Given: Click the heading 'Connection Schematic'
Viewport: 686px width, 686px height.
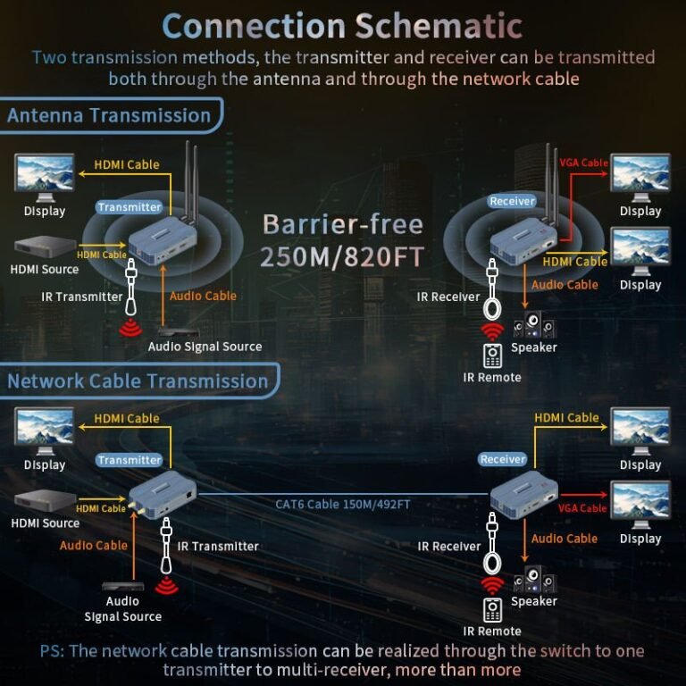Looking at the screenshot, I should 342,25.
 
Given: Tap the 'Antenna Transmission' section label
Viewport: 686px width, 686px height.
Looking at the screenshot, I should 109,115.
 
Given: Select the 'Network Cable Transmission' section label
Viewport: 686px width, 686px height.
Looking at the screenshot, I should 138,381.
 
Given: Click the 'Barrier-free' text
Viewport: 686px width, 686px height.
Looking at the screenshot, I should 342,224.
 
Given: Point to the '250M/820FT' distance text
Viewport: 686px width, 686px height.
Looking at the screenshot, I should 342,257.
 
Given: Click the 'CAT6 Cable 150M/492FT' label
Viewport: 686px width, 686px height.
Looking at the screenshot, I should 343,505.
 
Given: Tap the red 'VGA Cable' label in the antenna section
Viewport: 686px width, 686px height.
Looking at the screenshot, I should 582,163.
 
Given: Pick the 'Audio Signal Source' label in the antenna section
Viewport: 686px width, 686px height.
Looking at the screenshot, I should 205,347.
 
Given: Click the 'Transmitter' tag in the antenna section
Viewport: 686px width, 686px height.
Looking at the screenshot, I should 130,207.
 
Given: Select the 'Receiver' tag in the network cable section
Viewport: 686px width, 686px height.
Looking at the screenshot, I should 503,459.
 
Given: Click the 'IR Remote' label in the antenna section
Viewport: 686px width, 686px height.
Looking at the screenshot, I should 492,377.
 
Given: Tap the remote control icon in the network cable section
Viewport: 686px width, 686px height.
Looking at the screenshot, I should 492,611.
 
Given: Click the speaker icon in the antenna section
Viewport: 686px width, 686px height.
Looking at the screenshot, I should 533,324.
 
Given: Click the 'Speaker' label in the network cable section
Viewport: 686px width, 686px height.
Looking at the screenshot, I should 534,601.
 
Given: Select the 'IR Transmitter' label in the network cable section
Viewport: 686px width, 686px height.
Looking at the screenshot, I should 218,546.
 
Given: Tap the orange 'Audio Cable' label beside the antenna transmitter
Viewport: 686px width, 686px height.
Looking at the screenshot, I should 203,296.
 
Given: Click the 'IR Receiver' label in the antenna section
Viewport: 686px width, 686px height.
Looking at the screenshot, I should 448,297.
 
